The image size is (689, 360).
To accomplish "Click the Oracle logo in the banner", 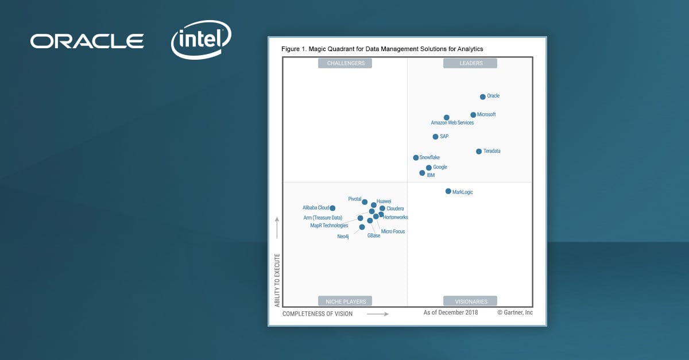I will (87, 41).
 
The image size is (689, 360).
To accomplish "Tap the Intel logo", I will (201, 40).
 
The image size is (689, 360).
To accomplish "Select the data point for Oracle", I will (482, 97).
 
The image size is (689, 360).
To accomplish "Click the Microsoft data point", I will (473, 115).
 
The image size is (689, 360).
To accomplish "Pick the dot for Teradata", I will (479, 152).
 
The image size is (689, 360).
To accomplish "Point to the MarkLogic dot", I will (448, 191).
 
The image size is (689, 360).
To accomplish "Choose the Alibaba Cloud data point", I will (332, 208).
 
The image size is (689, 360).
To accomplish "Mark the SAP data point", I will (435, 137).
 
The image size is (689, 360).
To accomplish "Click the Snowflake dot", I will (416, 157).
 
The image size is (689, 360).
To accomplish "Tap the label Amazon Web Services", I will (452, 123).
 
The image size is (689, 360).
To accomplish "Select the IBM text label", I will (431, 175).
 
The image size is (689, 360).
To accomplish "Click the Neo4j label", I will (343, 237).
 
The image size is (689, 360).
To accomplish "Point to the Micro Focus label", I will (393, 231).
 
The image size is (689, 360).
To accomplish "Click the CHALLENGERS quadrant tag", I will (345, 63).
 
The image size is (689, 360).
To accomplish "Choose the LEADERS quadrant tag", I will (470, 63).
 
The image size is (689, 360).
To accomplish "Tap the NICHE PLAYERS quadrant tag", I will (345, 301).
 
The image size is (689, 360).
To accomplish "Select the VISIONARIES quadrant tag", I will (470, 301).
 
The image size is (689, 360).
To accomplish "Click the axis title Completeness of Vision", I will (318, 314).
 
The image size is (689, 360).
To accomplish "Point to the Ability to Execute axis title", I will (277, 280).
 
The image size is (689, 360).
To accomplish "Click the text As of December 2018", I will (451, 312).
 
